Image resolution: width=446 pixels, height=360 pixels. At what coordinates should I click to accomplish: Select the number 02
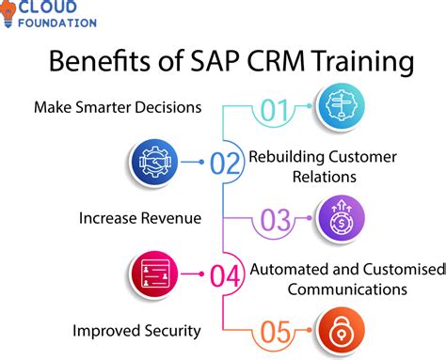point(225,164)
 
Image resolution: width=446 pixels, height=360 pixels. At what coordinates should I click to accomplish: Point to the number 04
point(225,275)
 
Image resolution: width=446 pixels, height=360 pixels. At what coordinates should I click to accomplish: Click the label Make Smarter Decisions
point(118,107)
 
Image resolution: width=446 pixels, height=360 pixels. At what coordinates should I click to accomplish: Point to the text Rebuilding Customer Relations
point(323,164)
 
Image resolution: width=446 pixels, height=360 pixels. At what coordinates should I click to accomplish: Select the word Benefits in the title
point(90,63)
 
